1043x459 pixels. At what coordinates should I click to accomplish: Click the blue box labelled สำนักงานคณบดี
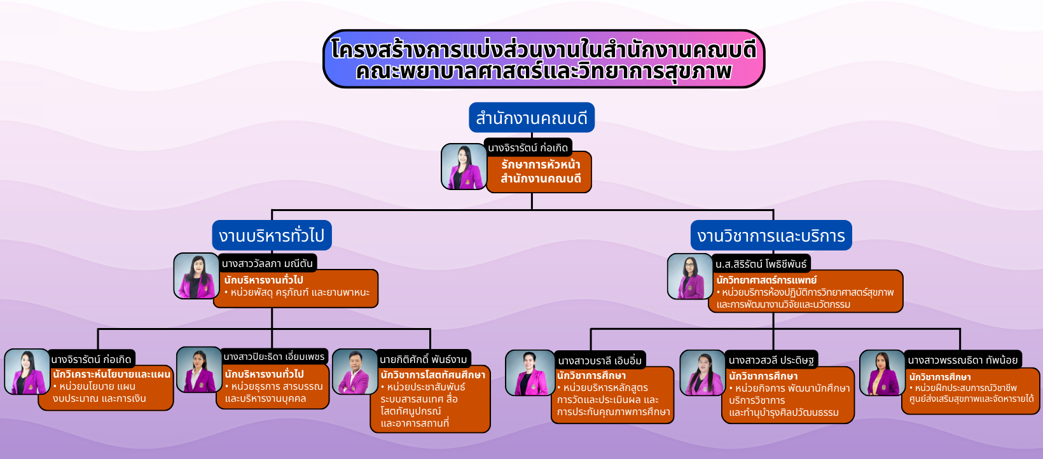click(x=531, y=118)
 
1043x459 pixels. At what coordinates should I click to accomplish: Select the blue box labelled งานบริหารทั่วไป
click(x=272, y=235)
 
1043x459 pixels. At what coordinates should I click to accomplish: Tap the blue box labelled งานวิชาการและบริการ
click(x=771, y=235)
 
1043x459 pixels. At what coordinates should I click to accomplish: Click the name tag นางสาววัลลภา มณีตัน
click(x=267, y=263)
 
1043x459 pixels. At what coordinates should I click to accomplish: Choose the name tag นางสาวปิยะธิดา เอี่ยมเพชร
click(x=273, y=357)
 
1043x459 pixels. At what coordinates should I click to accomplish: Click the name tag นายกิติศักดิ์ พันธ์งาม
click(x=424, y=359)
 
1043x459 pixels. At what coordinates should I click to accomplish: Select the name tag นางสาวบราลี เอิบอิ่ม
click(x=600, y=360)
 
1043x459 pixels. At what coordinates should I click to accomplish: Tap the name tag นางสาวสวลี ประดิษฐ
click(x=771, y=360)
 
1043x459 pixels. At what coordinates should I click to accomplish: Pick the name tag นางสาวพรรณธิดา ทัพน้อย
click(x=962, y=360)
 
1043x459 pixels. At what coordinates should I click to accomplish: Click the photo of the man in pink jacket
click(x=355, y=371)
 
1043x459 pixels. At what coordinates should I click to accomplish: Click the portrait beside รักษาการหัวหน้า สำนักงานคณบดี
click(x=464, y=166)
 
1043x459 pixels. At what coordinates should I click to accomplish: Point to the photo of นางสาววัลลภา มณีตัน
click(x=197, y=275)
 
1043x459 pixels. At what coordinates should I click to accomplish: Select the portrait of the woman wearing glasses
click(x=690, y=276)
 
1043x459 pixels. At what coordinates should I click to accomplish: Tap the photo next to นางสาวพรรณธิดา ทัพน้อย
click(x=882, y=373)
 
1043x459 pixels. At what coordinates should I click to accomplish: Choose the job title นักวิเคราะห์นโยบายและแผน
click(x=112, y=374)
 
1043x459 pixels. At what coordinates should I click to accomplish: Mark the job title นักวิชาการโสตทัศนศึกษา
click(x=433, y=374)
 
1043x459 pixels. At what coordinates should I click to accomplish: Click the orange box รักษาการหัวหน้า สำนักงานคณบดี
click(x=539, y=172)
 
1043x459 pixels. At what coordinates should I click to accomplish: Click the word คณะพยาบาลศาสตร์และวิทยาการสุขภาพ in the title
click(x=543, y=72)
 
